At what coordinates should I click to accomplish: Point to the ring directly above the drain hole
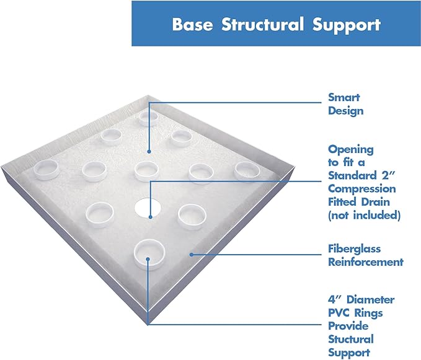pyautogui.click(x=146, y=169)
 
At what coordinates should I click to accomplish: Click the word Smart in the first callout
pyautogui.click(x=344, y=98)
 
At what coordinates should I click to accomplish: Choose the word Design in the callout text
pyautogui.click(x=346, y=111)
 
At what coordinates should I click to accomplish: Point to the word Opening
pyautogui.click(x=351, y=149)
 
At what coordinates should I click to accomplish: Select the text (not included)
pyautogui.click(x=364, y=215)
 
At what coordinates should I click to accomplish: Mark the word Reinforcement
pyautogui.click(x=365, y=261)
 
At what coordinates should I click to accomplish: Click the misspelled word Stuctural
pyautogui.click(x=351, y=339)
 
